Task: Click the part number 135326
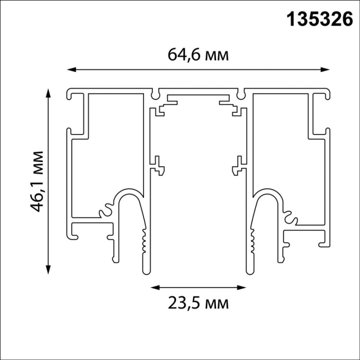[319, 20]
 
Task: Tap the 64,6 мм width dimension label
[198, 55]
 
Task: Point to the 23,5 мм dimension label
[198, 303]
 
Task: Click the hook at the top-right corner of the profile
[325, 96]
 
